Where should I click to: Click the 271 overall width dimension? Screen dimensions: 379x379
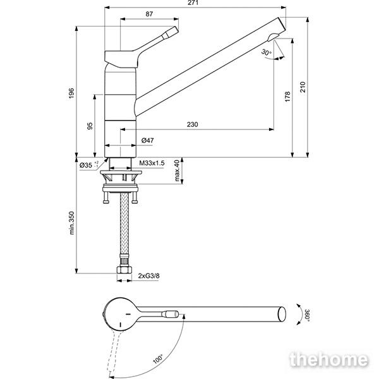click(x=193, y=3)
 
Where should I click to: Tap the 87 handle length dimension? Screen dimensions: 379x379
click(x=149, y=14)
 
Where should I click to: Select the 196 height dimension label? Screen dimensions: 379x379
click(x=71, y=93)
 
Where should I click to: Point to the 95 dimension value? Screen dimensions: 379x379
click(x=90, y=126)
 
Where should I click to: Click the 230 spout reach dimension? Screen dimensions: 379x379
click(x=193, y=124)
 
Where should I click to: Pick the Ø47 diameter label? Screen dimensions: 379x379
click(x=147, y=140)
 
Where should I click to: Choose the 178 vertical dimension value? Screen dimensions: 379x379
click(x=287, y=97)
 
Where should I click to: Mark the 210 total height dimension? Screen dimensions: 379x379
click(x=303, y=87)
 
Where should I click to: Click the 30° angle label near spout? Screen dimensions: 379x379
click(x=267, y=52)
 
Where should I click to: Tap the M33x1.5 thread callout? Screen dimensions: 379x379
click(x=152, y=163)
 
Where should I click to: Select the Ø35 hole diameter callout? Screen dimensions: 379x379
click(x=89, y=165)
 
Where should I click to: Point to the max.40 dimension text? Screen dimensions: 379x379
click(x=177, y=171)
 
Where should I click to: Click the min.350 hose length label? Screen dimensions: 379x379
click(x=72, y=223)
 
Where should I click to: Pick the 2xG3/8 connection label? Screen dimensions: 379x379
click(x=148, y=275)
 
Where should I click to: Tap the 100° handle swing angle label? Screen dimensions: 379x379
click(x=158, y=359)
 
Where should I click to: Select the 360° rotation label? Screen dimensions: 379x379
click(x=307, y=315)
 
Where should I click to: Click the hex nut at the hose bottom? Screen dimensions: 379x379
click(x=124, y=270)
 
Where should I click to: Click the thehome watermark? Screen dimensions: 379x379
click(x=329, y=359)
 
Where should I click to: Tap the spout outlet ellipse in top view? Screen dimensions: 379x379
click(x=282, y=314)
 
